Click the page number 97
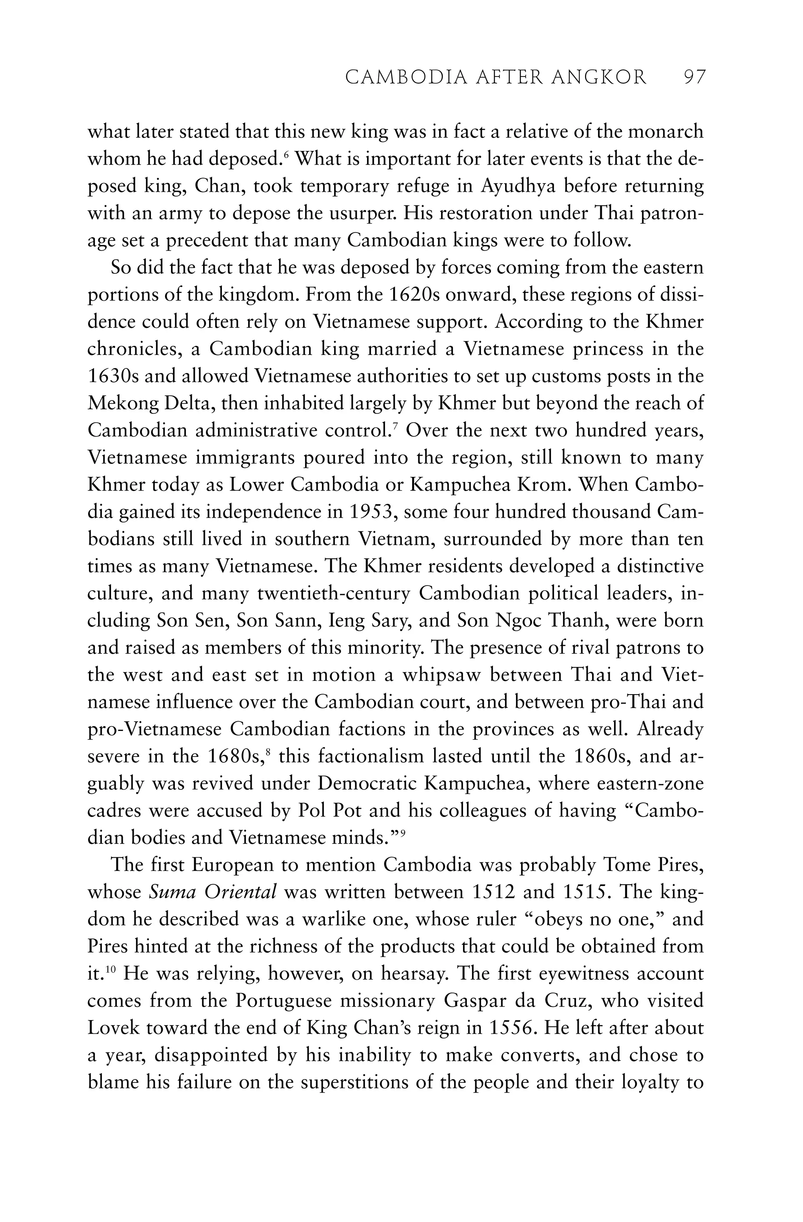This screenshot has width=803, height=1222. click(x=695, y=78)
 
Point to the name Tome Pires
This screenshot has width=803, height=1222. click(x=652, y=865)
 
